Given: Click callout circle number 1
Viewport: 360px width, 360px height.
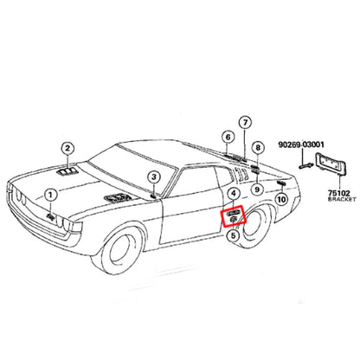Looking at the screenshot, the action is click(50, 196).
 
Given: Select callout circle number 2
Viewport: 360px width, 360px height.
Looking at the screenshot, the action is click(67, 149).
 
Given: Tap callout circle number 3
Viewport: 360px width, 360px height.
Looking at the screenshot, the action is click(154, 177).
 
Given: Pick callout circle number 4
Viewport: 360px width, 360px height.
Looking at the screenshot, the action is click(234, 194).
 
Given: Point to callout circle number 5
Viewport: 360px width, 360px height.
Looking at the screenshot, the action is click(233, 235).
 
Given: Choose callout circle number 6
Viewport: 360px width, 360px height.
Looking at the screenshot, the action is click(228, 138).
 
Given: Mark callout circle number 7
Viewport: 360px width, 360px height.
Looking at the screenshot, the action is click(245, 123).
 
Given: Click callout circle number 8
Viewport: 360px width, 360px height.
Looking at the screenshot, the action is click(258, 148).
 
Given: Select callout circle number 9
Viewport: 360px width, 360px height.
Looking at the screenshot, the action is click(257, 190).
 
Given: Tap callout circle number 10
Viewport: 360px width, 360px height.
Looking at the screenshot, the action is click(281, 199).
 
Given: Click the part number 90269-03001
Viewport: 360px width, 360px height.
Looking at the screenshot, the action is click(301, 145).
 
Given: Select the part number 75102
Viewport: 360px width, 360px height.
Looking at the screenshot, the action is click(338, 193).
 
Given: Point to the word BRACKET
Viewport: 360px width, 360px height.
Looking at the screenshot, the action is click(342, 199).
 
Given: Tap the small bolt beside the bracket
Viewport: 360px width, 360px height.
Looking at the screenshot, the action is click(306, 166).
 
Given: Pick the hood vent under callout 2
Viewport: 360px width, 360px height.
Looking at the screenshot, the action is click(67, 171).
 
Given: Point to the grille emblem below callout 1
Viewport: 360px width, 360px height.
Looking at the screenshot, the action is click(51, 216).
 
